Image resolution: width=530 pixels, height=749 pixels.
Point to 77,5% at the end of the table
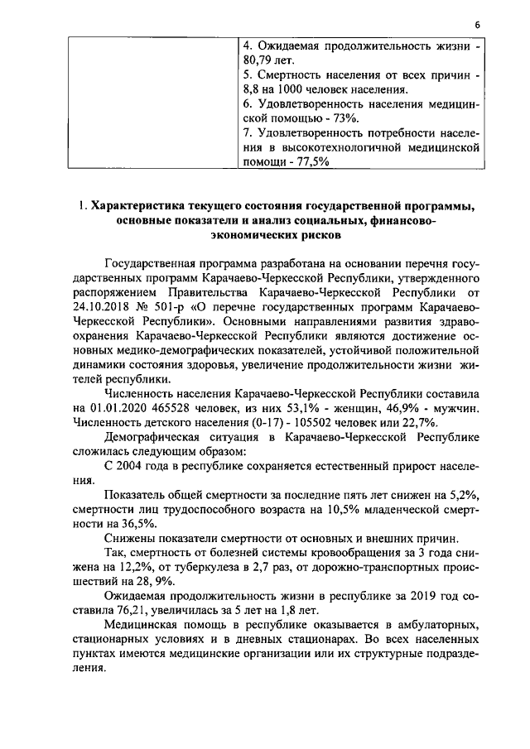pos(308,163)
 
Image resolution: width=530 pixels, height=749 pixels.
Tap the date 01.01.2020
pos(118,408)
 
